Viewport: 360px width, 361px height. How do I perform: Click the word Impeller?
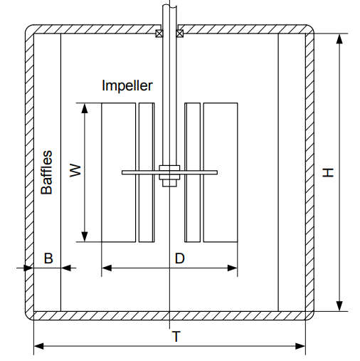pos(127,85)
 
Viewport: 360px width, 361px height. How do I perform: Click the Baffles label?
pos(46,172)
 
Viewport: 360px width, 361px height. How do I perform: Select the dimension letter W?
pos(75,170)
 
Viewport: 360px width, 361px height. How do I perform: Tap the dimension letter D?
pos(179,258)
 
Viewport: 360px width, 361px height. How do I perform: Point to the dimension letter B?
pos(48,258)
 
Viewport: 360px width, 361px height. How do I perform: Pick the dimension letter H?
pos(328,172)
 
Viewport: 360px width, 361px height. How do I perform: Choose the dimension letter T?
pos(176,337)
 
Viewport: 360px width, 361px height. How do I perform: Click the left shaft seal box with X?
pos(159,33)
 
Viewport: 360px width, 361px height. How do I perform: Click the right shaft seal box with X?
pos(180,33)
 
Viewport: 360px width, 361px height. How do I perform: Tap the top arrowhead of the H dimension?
pos(339,38)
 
